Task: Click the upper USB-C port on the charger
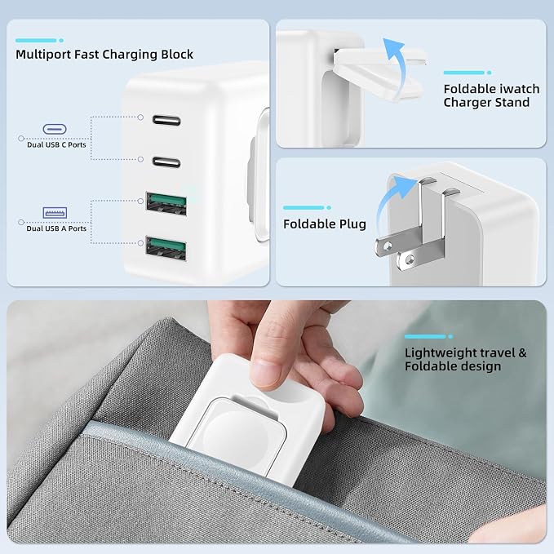point(166,120)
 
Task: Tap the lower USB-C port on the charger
point(166,162)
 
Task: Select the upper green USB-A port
point(166,203)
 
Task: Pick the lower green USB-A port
point(166,248)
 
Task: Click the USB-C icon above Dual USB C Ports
point(55,129)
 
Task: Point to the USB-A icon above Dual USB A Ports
point(55,213)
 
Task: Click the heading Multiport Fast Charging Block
point(104,55)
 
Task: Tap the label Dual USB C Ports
point(56,145)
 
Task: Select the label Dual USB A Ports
point(56,228)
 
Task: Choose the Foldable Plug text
point(325,224)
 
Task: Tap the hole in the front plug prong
point(410,260)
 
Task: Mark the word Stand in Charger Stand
point(512,103)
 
